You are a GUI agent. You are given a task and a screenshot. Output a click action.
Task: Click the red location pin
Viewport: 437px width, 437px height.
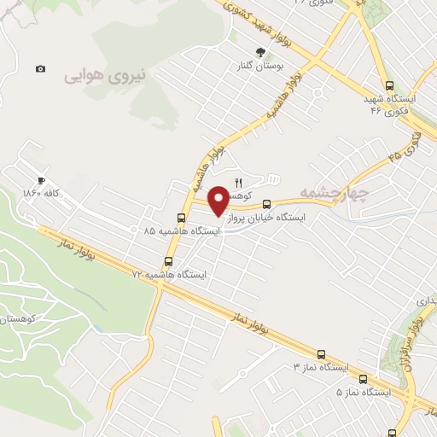[219, 200]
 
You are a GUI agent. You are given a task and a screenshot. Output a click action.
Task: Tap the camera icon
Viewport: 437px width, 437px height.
[40, 68]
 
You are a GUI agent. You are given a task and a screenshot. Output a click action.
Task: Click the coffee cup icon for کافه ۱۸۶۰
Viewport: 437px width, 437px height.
[40, 180]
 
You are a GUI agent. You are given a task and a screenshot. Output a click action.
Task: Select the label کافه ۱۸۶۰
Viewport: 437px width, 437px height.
[40, 194]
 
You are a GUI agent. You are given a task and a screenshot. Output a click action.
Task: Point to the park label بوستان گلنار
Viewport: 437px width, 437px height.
[261, 66]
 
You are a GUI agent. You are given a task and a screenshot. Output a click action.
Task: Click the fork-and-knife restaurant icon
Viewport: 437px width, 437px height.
[239, 182]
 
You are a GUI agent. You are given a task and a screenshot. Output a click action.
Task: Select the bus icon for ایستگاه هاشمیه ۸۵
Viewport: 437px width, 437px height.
[180, 217]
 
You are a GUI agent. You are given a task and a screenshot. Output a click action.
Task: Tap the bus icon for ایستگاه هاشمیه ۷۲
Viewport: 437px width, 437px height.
[167, 261]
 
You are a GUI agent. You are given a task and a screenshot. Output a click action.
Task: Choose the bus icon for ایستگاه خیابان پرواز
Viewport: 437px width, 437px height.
[267, 204]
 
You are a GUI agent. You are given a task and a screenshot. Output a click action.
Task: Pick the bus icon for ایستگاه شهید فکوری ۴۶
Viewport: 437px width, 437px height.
[390, 84]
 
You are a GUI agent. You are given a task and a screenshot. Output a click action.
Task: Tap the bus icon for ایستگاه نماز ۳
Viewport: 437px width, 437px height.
[321, 353]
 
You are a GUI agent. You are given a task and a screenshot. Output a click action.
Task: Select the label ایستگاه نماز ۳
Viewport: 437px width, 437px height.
[320, 367]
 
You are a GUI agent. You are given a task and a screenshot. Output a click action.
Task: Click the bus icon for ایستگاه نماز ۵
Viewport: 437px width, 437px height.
[363, 379]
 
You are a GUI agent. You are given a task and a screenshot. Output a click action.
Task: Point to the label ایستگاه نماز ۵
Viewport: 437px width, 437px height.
[363, 393]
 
